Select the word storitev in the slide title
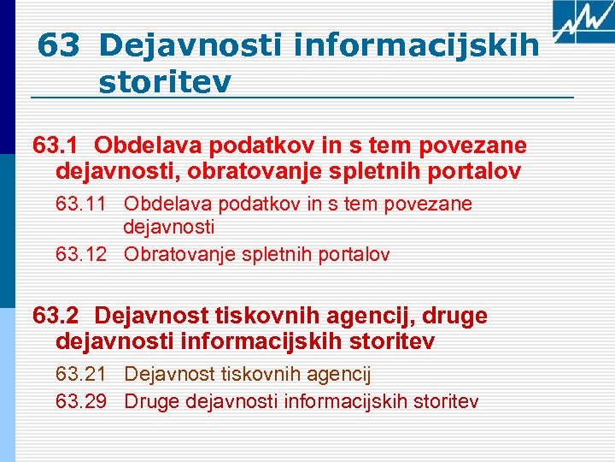click(x=165, y=83)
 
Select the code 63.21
click(x=81, y=374)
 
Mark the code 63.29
click(x=81, y=400)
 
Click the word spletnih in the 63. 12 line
click(x=267, y=254)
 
